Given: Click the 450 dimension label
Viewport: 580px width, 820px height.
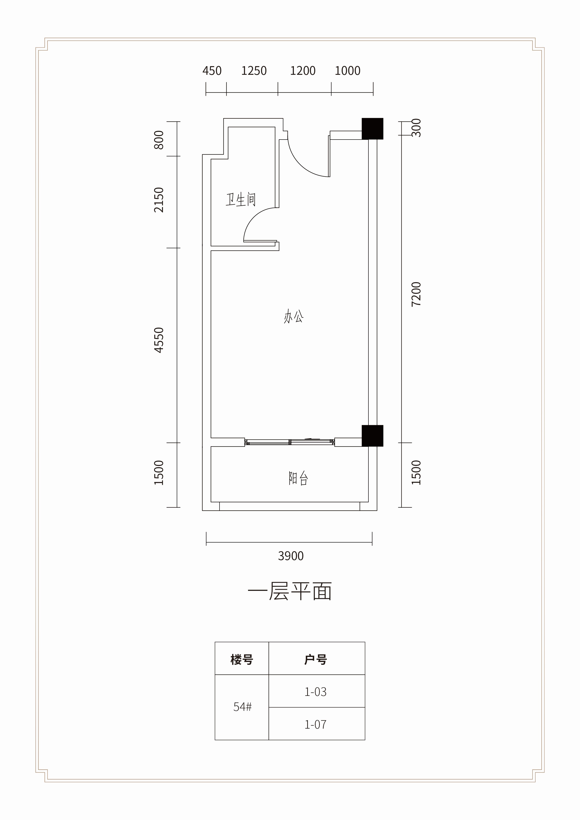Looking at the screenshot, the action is pyautogui.click(x=212, y=71).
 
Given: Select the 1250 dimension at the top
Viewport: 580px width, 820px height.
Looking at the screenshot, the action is pyautogui.click(x=254, y=71).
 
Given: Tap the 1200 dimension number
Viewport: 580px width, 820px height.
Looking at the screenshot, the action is pyautogui.click(x=303, y=71).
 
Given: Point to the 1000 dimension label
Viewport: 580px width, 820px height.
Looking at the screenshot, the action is pyautogui.click(x=347, y=71).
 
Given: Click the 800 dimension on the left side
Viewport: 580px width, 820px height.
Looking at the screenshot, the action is pyautogui.click(x=159, y=140).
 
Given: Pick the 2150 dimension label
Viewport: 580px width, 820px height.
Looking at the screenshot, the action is pyautogui.click(x=159, y=200).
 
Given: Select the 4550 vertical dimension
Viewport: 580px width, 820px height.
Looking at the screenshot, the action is pyautogui.click(x=159, y=340).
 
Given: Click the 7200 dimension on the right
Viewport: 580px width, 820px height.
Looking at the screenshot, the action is pyautogui.click(x=416, y=294).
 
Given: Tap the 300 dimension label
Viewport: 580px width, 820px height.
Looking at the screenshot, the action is pyautogui.click(x=416, y=128).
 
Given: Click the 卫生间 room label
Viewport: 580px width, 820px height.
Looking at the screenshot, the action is pyautogui.click(x=241, y=199).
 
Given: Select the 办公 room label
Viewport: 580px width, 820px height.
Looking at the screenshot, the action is pyautogui.click(x=294, y=316).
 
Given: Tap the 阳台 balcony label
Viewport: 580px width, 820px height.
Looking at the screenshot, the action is pyautogui.click(x=298, y=478).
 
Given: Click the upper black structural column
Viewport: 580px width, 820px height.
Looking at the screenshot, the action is pyautogui.click(x=372, y=129).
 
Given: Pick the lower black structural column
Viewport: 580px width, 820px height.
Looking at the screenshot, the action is pyautogui.click(x=372, y=436).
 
